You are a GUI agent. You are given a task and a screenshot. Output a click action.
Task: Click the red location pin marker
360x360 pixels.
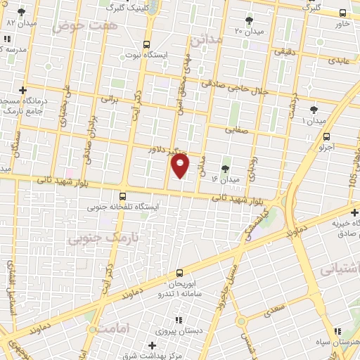181,166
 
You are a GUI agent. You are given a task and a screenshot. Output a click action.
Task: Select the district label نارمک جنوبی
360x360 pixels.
100,238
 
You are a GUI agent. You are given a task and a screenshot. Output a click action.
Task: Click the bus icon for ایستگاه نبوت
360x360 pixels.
146,43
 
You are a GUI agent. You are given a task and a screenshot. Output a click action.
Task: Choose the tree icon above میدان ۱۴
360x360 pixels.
225,169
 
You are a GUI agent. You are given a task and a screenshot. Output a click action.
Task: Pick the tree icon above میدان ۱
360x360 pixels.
313,110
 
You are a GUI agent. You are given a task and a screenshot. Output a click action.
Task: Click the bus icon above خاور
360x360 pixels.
342,13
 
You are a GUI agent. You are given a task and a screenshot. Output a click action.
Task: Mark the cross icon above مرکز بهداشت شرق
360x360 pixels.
153,345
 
